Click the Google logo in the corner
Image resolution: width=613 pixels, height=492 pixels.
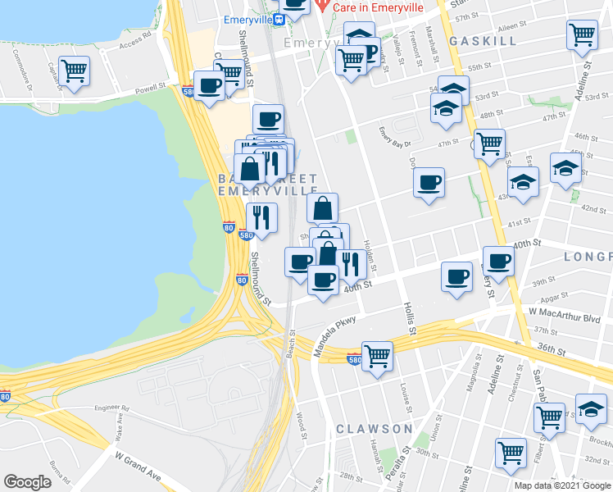28,482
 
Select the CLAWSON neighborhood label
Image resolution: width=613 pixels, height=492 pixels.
374,429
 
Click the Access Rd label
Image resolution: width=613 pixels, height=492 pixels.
136,41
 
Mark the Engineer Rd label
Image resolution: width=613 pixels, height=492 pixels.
112,408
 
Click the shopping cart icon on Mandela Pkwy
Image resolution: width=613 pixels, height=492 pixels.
377,356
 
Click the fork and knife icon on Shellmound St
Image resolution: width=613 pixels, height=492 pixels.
261,217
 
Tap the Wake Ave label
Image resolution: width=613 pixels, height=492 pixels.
120,427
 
